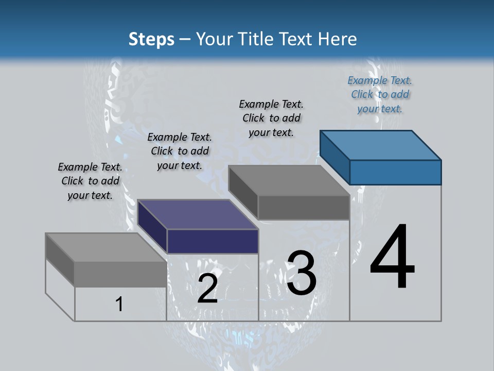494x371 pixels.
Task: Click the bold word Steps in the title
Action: (x=151, y=39)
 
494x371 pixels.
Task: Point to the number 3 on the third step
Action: (x=302, y=273)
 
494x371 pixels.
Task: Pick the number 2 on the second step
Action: (x=207, y=289)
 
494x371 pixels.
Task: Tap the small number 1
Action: (x=119, y=304)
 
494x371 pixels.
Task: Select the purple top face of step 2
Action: (x=198, y=214)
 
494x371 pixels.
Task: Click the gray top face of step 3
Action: (x=289, y=180)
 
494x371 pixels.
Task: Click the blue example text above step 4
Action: (x=380, y=94)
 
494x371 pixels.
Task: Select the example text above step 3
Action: (x=271, y=118)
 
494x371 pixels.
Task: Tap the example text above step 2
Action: (x=180, y=151)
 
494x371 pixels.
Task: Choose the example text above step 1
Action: (x=90, y=181)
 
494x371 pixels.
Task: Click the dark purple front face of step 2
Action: (x=213, y=241)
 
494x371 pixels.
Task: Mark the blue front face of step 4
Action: (x=395, y=172)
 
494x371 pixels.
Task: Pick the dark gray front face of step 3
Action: (x=304, y=208)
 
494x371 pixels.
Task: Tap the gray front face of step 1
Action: (x=120, y=274)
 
